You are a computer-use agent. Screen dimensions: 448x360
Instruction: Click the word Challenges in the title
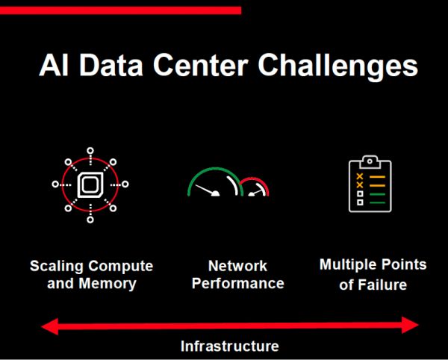coord(337,66)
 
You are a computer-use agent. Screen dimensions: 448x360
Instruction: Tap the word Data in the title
coord(111,66)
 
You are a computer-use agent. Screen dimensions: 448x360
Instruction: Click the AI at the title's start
coord(54,66)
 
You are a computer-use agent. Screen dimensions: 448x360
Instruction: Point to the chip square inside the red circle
coord(90,185)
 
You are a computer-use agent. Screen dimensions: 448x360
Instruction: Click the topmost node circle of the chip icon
coord(90,151)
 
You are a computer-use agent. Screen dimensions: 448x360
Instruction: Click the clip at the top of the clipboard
coord(370,162)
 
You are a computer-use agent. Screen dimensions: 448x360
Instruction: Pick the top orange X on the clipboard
coord(360,176)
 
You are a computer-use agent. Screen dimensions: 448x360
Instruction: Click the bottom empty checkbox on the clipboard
coord(360,202)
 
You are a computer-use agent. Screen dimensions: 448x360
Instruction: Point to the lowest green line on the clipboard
coord(377,202)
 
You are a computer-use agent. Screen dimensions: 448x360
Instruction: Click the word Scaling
coord(53,267)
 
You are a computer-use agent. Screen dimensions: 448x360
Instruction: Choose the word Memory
coord(108,283)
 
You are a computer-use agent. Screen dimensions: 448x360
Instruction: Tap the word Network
coord(237,266)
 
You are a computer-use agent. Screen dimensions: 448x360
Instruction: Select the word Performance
coord(238,283)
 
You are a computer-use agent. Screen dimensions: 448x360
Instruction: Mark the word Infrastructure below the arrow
coord(230,347)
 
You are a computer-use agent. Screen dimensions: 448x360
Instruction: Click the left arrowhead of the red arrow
coord(50,326)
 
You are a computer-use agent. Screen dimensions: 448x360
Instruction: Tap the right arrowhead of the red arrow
coord(410,325)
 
